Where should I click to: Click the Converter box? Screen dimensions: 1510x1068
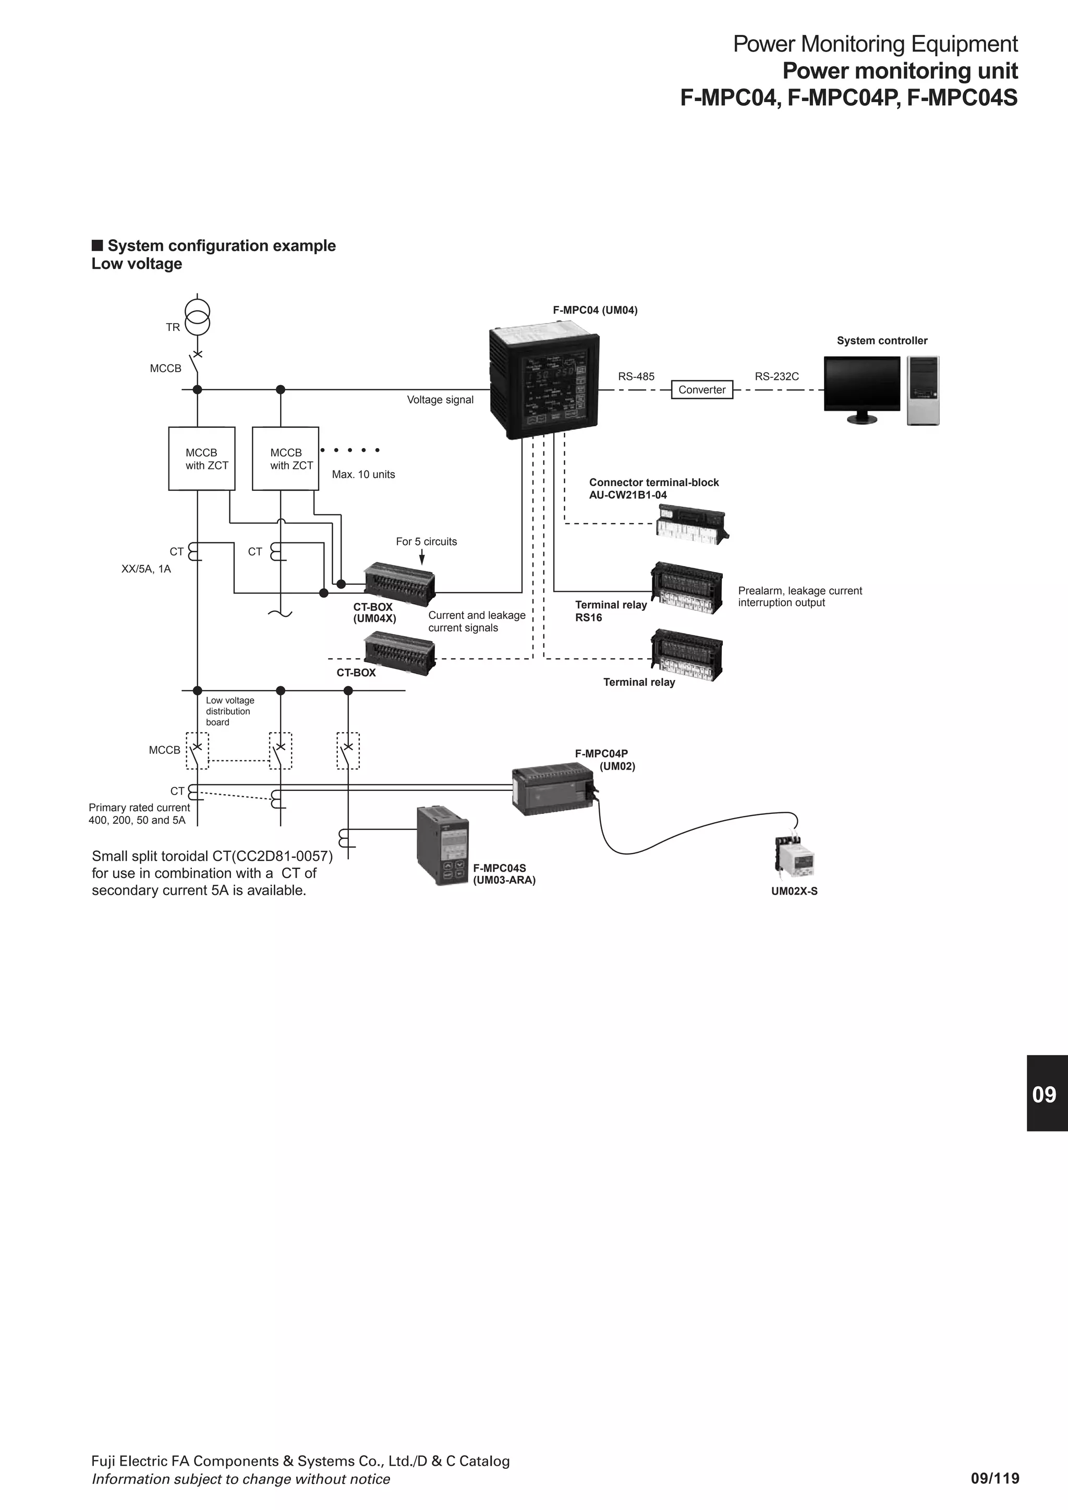pos(701,390)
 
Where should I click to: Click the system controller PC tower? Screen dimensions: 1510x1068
pos(923,391)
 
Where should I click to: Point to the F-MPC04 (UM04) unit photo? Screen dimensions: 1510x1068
pos(544,384)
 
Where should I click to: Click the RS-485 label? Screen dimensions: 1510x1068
pos(636,377)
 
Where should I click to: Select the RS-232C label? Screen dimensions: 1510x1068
pos(776,377)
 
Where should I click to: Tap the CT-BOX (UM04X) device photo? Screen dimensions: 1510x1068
pos(400,583)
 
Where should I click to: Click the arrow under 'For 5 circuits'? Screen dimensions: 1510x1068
pos(422,557)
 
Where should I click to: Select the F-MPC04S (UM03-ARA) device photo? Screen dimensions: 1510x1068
pos(443,846)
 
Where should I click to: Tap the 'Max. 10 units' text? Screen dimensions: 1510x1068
pos(363,475)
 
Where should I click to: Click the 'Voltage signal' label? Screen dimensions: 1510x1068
pos(440,400)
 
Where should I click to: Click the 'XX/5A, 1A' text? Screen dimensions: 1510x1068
pos(146,569)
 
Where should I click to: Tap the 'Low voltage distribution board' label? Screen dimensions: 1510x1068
pos(229,711)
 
